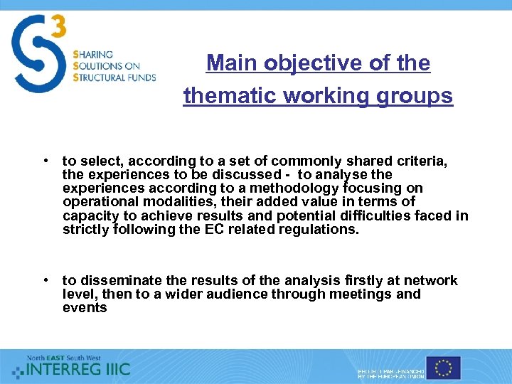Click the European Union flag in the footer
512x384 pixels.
point(444,368)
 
